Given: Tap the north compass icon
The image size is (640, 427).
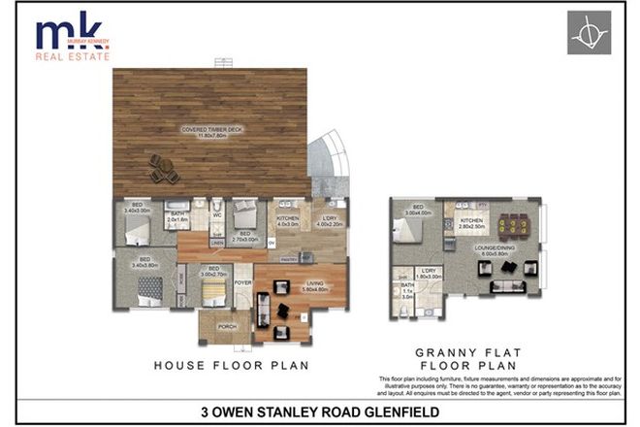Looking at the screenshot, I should click(590, 33).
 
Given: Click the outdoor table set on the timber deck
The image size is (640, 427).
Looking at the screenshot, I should click(163, 169).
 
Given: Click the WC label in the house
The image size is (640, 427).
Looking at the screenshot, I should click(217, 215).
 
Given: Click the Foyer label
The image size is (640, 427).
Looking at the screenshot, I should click(242, 284).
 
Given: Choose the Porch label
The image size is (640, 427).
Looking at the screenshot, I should click(227, 326).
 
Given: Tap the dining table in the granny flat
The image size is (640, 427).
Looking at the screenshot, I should click(512, 225).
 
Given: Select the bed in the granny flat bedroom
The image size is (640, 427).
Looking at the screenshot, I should click(407, 230).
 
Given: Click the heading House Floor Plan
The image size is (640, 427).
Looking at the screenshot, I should click(231, 365).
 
